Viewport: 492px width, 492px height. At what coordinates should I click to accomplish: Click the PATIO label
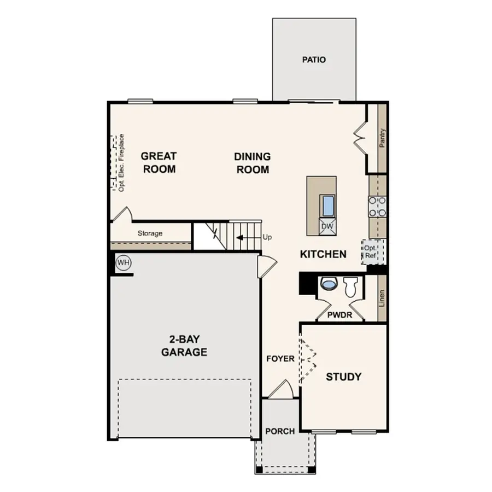pyautogui.click(x=314, y=60)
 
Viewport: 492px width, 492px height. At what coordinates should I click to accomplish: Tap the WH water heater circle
pyautogui.click(x=124, y=263)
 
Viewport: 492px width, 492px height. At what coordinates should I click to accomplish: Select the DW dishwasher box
pyautogui.click(x=327, y=226)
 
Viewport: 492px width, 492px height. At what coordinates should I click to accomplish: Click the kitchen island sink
pyautogui.click(x=328, y=206)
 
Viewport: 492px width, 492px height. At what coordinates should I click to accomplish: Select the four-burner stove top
pyautogui.click(x=377, y=206)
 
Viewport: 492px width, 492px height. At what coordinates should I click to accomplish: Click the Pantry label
pyautogui.click(x=382, y=138)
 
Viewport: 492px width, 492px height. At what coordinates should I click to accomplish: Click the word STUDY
pyautogui.click(x=343, y=377)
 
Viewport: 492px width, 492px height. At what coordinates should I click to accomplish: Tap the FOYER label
pyautogui.click(x=280, y=359)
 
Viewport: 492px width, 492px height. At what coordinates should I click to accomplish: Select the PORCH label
pyautogui.click(x=280, y=431)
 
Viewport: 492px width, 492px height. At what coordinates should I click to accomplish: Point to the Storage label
pyautogui.click(x=150, y=233)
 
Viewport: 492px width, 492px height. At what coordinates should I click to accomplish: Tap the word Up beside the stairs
pyautogui.click(x=267, y=237)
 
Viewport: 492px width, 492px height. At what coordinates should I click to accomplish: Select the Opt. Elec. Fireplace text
pyautogui.click(x=121, y=162)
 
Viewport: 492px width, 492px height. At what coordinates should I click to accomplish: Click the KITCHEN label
pyautogui.click(x=323, y=254)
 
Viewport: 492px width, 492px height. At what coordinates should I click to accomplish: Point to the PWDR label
pyautogui.click(x=339, y=315)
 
